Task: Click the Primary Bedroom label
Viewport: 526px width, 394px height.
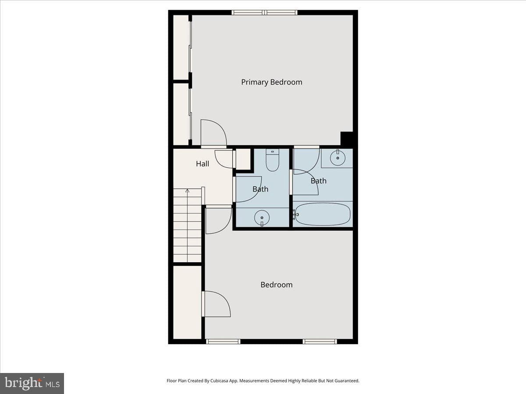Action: tap(271, 82)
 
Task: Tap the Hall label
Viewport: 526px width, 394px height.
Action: tap(203, 164)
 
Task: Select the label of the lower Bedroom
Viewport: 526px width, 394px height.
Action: tap(276, 285)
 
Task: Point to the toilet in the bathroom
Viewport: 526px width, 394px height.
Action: tap(273, 160)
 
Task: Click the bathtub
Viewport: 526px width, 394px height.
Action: tap(323, 214)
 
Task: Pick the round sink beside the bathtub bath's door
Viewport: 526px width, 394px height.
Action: tap(338, 158)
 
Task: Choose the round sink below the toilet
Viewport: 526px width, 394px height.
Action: tap(262, 218)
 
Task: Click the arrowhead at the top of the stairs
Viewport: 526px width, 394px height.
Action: tap(188, 191)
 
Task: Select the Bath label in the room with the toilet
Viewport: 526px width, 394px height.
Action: tap(260, 189)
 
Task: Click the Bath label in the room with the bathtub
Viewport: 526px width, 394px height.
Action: tap(319, 181)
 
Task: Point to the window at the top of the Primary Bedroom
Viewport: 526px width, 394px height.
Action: tap(264, 12)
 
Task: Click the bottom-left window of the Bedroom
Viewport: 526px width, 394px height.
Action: tap(223, 341)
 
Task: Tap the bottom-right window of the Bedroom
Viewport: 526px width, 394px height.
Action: tap(320, 341)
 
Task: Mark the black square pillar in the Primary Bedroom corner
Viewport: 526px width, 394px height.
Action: tap(347, 138)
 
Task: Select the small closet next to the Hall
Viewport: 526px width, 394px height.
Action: tap(243, 159)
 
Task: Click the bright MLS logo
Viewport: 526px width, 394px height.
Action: tap(32, 383)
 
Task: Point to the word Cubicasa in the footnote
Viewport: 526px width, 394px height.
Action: tap(219, 380)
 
